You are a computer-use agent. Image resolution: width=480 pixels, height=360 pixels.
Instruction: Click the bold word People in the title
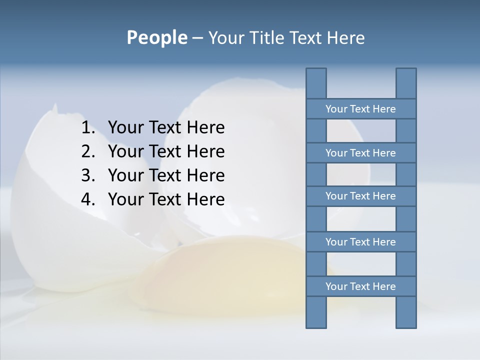[156, 37]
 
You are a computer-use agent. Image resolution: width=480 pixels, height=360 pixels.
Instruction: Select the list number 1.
[87, 128]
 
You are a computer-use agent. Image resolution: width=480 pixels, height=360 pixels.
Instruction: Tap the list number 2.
[87, 151]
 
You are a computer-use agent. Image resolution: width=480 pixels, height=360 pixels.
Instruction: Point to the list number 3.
[87, 175]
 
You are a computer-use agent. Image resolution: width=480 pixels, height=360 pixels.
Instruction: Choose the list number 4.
[87, 199]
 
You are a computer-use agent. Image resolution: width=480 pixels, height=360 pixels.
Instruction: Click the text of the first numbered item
[166, 128]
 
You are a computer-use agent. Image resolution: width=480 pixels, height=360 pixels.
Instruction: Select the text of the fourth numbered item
[166, 199]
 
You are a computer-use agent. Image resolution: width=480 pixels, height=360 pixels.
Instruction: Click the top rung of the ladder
[360, 109]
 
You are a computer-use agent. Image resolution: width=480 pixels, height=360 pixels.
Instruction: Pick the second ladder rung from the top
[360, 153]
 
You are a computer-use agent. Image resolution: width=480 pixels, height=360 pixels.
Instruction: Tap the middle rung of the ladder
[360, 196]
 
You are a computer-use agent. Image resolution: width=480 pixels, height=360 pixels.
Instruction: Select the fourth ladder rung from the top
[360, 242]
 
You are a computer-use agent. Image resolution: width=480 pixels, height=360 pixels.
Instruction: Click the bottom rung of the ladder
[360, 286]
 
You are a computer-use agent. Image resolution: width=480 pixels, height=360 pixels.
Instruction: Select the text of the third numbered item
[166, 175]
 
